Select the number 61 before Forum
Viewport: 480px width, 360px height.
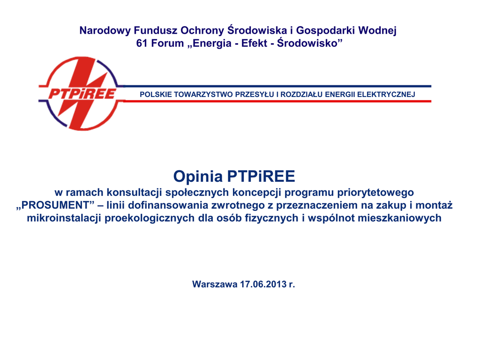(142, 43)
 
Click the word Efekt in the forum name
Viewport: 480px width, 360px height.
(254, 43)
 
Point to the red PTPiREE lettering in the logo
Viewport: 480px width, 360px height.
(82, 94)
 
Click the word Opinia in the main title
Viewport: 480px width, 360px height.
(198, 176)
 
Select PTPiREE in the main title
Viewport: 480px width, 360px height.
(261, 176)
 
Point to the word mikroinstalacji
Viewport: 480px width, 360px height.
(64, 218)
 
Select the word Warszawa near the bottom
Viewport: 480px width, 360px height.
(215, 284)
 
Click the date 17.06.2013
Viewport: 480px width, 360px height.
(263, 284)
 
